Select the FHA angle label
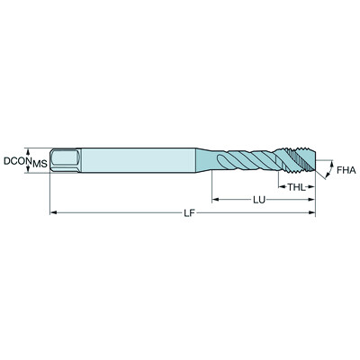346,168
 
